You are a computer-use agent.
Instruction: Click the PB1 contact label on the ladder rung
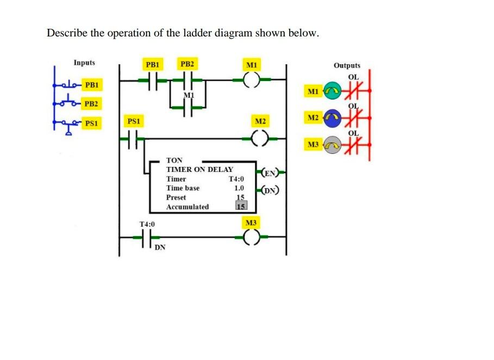point(153,64)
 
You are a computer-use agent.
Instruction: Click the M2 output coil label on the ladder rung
point(260,120)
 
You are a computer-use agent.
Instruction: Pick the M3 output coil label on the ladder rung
point(251,222)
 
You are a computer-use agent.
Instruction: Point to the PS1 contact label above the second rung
point(133,120)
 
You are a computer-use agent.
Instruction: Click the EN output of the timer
point(270,174)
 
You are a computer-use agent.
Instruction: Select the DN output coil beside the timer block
point(270,190)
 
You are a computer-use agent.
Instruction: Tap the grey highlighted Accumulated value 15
point(241,206)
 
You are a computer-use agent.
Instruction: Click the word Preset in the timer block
point(176,197)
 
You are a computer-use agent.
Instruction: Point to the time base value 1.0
point(239,188)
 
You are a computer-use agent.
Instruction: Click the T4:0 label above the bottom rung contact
point(147,224)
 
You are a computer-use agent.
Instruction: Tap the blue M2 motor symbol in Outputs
point(332,117)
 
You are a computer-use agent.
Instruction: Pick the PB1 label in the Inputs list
point(92,85)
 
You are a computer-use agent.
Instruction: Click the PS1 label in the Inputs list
point(92,123)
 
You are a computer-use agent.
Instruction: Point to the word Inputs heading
point(84,63)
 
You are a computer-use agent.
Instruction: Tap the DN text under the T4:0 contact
point(160,248)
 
